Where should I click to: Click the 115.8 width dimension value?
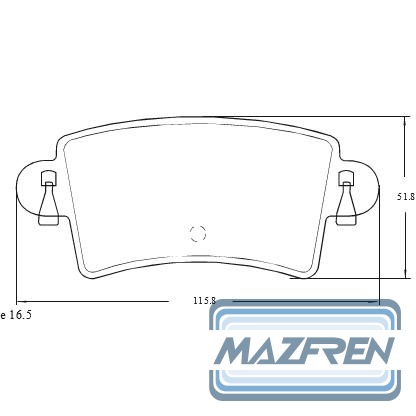click(x=205, y=301)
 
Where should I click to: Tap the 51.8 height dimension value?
click(x=406, y=197)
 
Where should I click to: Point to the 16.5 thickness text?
click(x=20, y=315)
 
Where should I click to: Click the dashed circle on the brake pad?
click(x=198, y=233)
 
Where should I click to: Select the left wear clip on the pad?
click(x=49, y=198)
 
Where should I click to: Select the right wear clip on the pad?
click(x=347, y=198)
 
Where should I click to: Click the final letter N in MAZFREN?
click(x=379, y=351)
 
